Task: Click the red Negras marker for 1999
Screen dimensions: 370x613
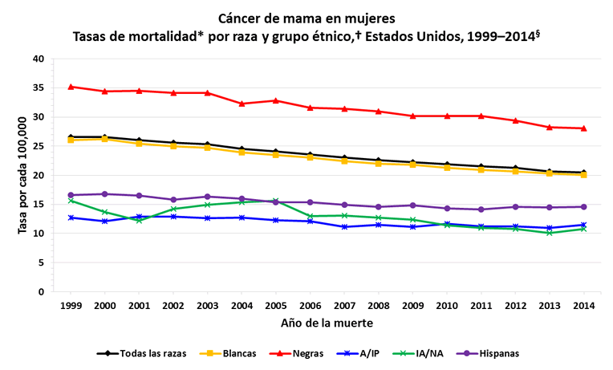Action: tap(71, 87)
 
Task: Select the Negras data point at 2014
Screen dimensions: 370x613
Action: tap(583, 128)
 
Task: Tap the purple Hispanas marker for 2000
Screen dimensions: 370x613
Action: tap(105, 193)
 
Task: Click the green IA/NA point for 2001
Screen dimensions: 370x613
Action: tap(140, 220)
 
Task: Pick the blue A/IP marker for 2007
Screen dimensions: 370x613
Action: tap(344, 227)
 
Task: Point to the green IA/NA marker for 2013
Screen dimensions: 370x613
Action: tap(549, 233)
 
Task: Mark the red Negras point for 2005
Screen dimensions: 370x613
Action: tap(276, 100)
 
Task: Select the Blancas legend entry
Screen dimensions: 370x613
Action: tap(232, 353)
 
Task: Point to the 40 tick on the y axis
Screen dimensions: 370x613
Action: tap(39, 59)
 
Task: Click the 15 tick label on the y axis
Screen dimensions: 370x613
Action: tap(39, 205)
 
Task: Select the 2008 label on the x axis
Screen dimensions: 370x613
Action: tap(379, 306)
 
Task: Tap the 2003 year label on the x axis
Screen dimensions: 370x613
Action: tap(208, 306)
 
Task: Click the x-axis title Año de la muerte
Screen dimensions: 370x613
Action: tap(327, 323)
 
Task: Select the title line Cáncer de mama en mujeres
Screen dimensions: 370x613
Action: tap(306, 17)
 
